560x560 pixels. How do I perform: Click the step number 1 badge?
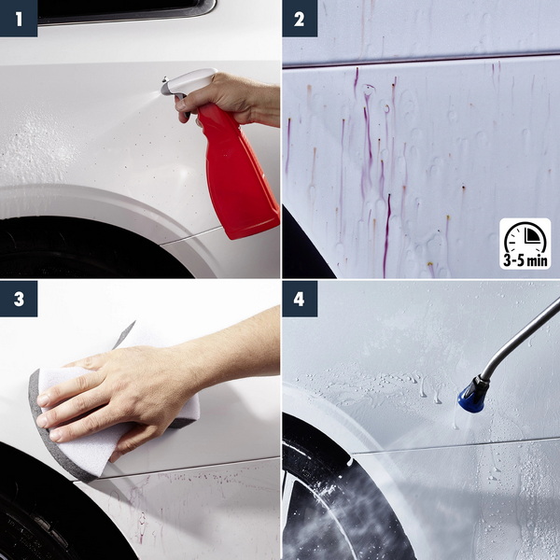pos(19,19)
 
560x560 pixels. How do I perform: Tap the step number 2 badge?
pos(300,19)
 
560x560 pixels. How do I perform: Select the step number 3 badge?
pos(19,299)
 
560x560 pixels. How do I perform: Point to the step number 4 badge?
pos(300,299)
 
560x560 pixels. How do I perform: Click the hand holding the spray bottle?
pos(229,99)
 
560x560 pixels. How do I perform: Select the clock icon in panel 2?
pos(525,237)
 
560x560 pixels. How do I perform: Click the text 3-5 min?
pos(525,260)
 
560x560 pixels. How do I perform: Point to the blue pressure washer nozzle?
pos(473,394)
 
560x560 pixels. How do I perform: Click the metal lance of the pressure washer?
pos(520,339)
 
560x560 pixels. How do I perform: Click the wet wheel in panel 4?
pos(343,500)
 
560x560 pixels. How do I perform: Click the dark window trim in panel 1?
pos(125,11)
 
